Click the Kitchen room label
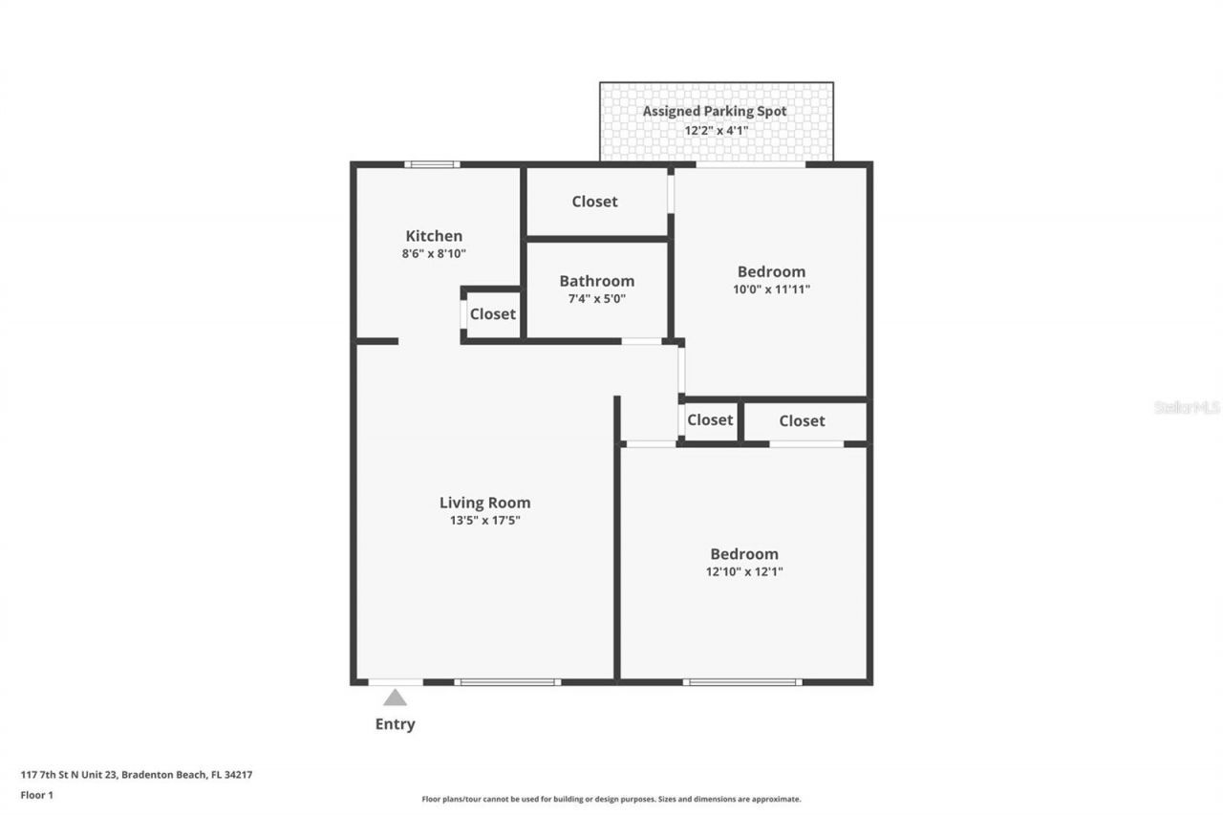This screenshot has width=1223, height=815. (x=434, y=236)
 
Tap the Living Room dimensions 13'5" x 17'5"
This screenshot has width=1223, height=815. (x=484, y=521)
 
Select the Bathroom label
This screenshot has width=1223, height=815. (x=596, y=281)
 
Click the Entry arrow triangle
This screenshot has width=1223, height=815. (x=395, y=697)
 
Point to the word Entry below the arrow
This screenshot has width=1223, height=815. (x=395, y=724)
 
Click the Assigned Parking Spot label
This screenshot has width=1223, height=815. (x=715, y=111)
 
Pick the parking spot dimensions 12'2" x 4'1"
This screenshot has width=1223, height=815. (x=716, y=130)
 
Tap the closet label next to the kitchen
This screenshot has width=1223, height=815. (x=492, y=314)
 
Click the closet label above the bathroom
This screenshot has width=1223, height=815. (x=594, y=202)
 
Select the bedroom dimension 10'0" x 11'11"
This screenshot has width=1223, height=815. (x=771, y=290)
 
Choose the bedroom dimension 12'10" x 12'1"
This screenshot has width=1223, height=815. (x=744, y=571)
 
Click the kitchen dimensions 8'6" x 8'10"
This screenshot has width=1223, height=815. (x=434, y=254)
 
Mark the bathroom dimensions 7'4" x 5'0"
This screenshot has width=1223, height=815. (x=596, y=299)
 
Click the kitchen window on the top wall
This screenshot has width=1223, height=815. (x=432, y=164)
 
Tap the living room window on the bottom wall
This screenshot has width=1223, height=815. (x=507, y=682)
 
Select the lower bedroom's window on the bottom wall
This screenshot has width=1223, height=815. (x=742, y=682)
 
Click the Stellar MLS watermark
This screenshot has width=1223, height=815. (x=1187, y=407)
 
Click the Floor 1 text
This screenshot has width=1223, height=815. (x=37, y=794)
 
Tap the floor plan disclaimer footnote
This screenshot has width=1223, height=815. (x=611, y=799)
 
